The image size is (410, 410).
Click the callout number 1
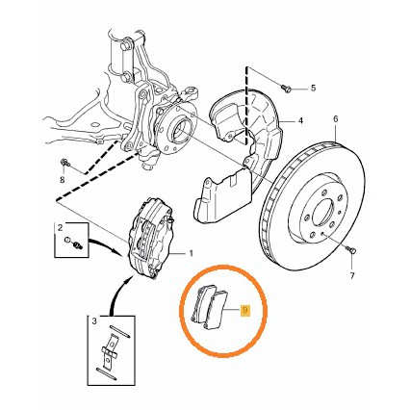191,253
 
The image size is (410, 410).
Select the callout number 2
60,228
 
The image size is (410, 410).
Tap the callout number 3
94,320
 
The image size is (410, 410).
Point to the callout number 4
300,121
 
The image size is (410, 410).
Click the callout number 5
313,88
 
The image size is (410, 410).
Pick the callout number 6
336,119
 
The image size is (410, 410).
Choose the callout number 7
352,275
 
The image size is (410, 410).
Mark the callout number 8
63,180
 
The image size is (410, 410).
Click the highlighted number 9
245,310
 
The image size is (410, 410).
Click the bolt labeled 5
287,88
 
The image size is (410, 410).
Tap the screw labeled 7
351,249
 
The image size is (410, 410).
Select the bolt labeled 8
65,162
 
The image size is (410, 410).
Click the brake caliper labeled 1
150,238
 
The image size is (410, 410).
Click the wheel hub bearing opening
181,130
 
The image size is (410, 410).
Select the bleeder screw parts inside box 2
73,243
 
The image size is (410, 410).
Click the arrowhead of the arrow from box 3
129,278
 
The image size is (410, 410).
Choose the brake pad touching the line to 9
216,310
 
